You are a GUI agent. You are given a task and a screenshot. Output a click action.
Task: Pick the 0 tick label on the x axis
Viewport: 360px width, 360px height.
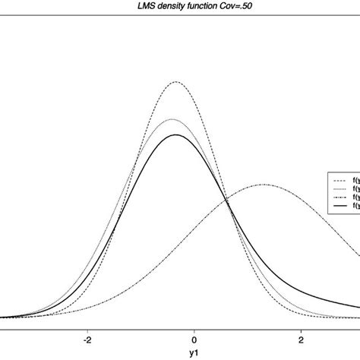point(194,339)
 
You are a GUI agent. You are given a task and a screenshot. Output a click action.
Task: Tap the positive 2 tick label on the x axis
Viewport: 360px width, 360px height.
point(302,339)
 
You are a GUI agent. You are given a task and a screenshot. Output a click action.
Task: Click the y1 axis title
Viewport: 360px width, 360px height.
point(194,354)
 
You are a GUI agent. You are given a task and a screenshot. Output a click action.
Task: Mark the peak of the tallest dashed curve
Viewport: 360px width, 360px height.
point(176,81)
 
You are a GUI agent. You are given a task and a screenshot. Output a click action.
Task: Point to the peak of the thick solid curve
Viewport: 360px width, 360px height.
point(176,134)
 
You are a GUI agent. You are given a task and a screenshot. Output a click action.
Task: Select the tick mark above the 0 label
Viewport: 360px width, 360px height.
point(194,327)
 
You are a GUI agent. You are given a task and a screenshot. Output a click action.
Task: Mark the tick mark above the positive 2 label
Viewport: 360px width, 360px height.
point(302,327)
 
